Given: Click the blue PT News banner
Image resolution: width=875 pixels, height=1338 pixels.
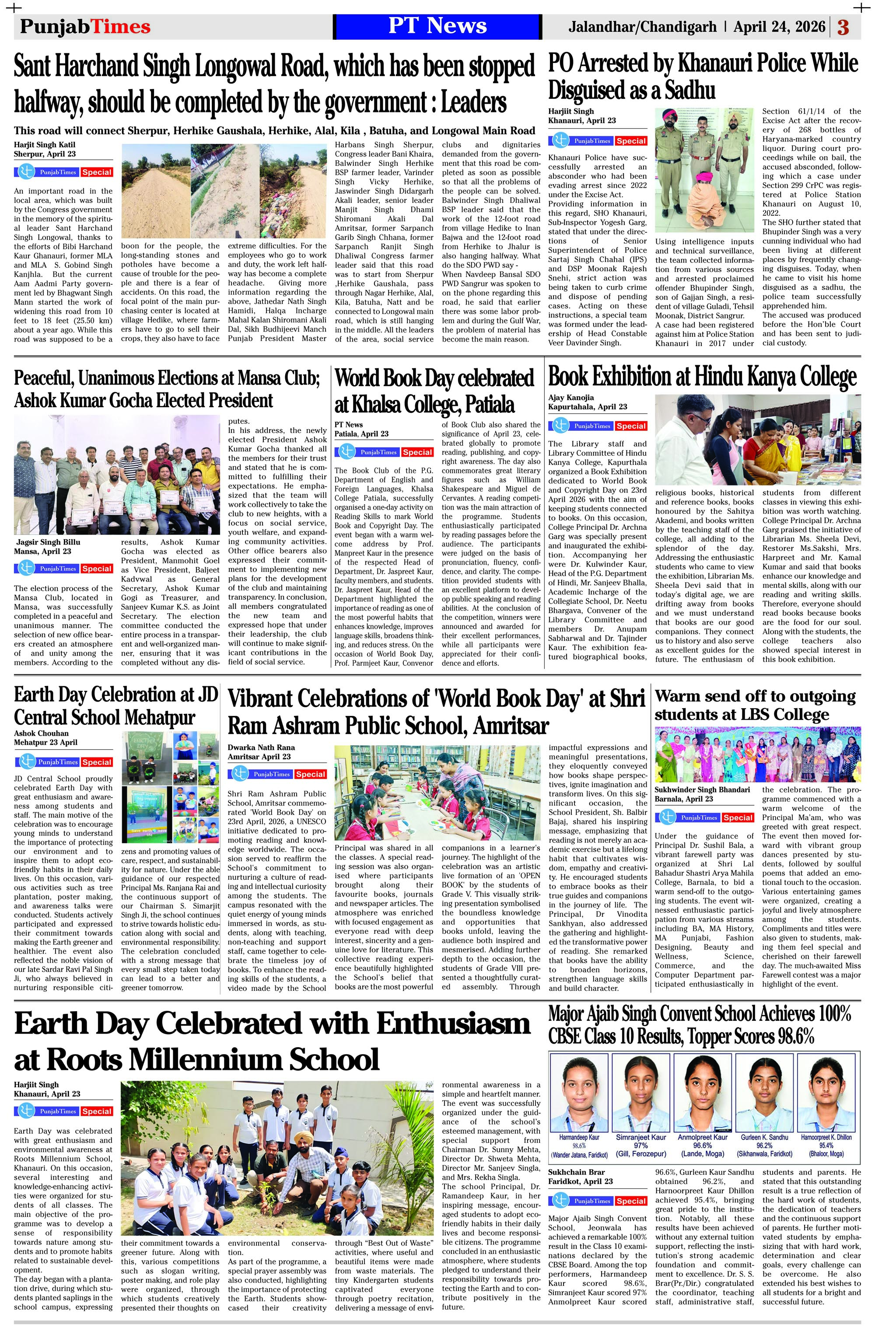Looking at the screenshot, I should click(x=437, y=26).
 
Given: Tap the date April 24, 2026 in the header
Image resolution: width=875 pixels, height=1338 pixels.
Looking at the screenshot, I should click(x=779, y=26).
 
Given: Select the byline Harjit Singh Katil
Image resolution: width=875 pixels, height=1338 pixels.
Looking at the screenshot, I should click(x=43, y=144).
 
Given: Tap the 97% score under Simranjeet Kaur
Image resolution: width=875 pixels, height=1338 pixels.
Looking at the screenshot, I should click(x=640, y=1145).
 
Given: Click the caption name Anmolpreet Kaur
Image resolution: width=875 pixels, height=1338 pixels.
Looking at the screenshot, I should click(x=702, y=1137).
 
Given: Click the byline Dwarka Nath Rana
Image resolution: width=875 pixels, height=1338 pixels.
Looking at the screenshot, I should click(x=261, y=747).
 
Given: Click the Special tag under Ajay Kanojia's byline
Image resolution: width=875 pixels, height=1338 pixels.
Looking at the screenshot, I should click(x=630, y=426).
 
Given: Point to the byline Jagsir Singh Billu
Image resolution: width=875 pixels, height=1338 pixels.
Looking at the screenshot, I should click(x=49, y=542).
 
